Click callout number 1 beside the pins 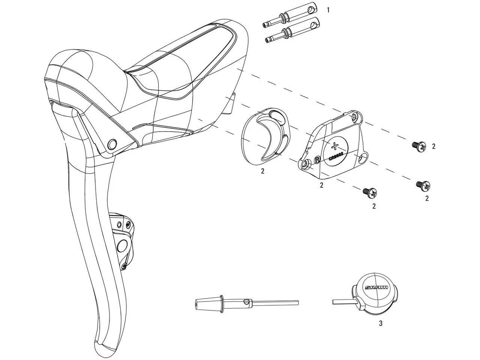(x=328, y=10)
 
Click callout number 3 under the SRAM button (x=380, y=323)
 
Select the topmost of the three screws (x=419, y=146)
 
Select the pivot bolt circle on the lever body (x=112, y=144)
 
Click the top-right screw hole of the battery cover (x=355, y=118)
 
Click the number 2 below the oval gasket (x=262, y=171)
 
